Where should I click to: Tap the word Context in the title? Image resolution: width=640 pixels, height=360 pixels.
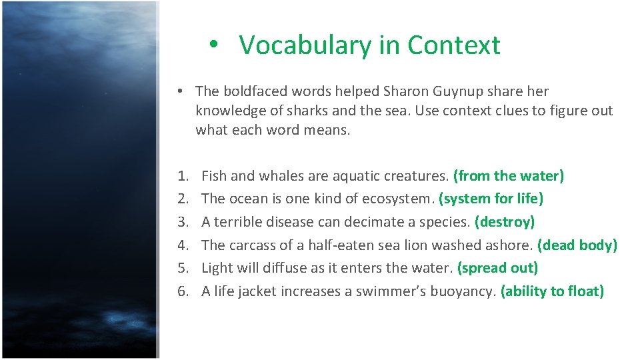tap(453, 45)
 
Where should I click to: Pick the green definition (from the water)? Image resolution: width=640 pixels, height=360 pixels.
tap(509, 176)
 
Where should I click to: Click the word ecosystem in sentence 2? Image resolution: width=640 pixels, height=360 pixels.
tap(399, 199)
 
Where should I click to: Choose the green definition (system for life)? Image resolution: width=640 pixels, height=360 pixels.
tap(491, 199)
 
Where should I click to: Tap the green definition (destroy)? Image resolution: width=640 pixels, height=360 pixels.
tap(505, 222)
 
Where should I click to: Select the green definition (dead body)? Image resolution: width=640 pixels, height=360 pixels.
tap(577, 245)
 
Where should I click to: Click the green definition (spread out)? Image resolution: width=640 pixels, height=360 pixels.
tap(498, 268)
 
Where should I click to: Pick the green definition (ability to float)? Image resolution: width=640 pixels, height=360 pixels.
tap(552, 291)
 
